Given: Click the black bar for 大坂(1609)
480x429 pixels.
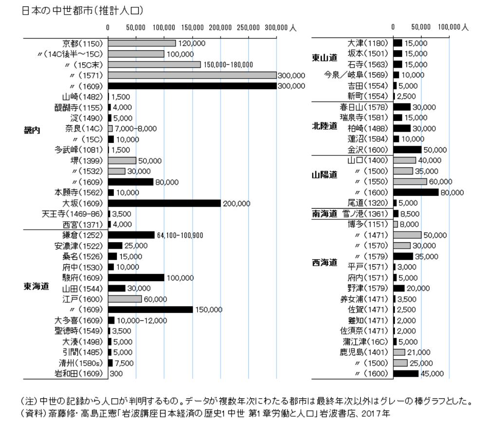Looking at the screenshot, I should (164, 203).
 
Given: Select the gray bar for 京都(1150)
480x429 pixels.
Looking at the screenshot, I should (142, 43).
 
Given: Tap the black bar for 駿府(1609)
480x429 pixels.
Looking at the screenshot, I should (136, 278).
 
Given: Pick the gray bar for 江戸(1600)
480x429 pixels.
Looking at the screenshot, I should (125, 299).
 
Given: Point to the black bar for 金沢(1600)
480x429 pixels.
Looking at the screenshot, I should (407, 150).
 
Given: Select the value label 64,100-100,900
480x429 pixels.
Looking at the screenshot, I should (180, 235).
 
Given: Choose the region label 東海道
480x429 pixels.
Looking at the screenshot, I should (36, 287).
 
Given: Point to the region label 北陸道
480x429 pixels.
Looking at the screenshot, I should (324, 126).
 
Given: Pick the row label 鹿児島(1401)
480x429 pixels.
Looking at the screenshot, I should (365, 352).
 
